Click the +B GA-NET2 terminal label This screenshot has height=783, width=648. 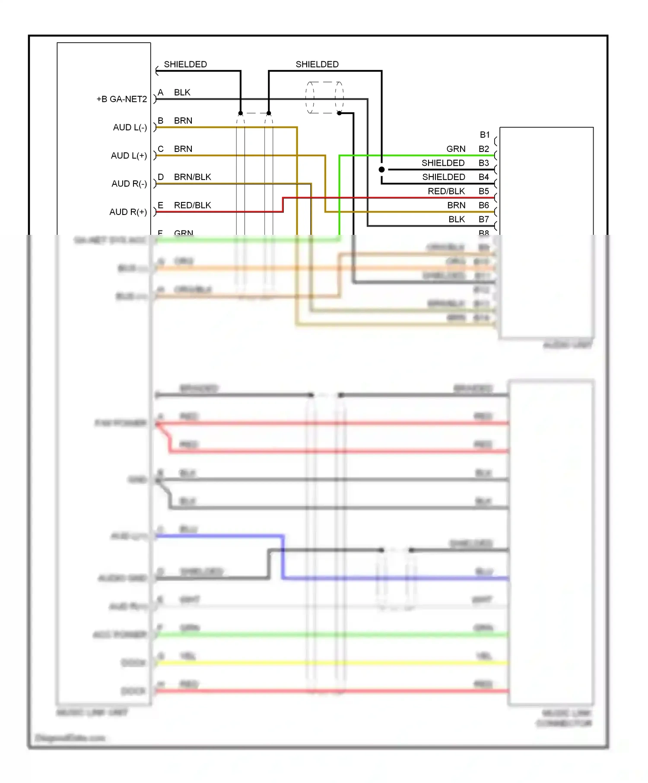click(121, 99)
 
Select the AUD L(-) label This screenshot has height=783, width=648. click(130, 127)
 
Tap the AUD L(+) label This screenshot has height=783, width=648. click(129, 155)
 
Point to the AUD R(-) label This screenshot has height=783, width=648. click(129, 184)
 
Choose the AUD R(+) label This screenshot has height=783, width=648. click(128, 212)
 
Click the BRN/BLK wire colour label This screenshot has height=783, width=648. click(192, 177)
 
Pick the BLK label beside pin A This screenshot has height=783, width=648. click(182, 92)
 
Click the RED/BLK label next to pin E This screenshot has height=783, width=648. click(192, 205)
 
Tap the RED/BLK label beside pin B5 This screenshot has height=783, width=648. click(446, 191)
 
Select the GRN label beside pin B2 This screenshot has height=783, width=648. click(456, 149)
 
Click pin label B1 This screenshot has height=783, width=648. click(485, 135)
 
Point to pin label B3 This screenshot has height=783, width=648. click(483, 163)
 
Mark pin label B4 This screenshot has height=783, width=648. click(483, 177)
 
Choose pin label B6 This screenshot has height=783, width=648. click(483, 205)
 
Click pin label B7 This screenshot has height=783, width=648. click(483, 219)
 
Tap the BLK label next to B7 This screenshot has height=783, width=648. click(457, 219)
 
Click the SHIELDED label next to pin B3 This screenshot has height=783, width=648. click(443, 163)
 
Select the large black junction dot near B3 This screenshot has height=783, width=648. click(381, 170)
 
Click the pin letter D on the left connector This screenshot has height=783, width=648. click(161, 177)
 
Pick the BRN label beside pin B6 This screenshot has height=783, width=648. click(456, 205)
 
